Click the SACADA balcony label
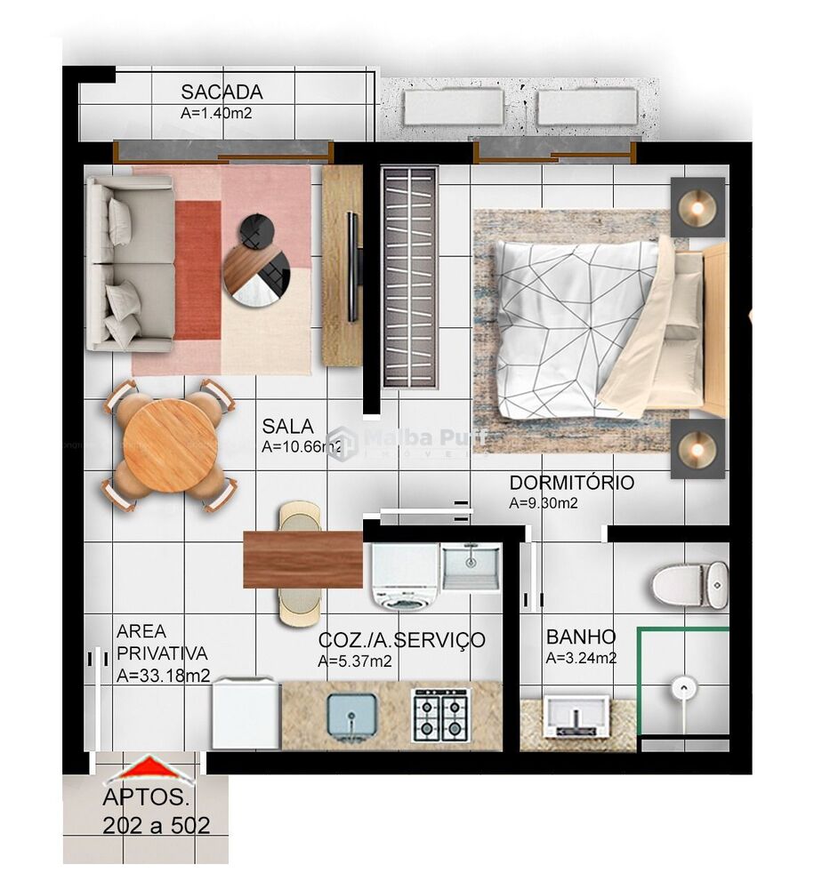(x=222, y=92)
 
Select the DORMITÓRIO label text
(x=571, y=483)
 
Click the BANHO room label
(x=580, y=637)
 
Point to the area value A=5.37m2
(x=354, y=661)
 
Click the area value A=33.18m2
(x=163, y=676)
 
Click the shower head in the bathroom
(x=681, y=686)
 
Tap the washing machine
(x=404, y=577)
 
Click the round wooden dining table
(x=171, y=445)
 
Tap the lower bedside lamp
(x=697, y=447)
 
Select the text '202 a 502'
(x=157, y=825)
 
